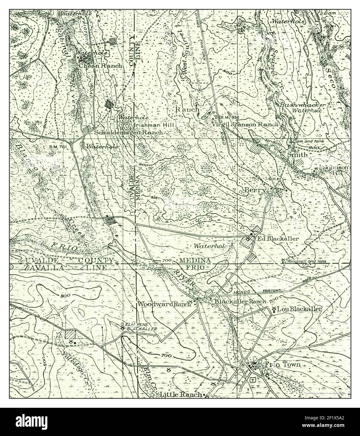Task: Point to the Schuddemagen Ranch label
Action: pos(128,132)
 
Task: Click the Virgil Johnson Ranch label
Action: pos(245,124)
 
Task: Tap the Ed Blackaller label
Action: pos(278,239)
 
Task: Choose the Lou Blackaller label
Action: pos(300,309)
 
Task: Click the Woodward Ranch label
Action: pos(164,304)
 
